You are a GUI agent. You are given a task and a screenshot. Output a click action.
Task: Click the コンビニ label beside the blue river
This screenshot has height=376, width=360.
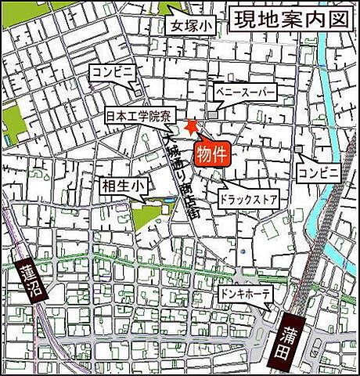coord(319,171)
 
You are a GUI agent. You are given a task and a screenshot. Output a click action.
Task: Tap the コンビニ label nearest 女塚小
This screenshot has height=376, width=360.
coord(113,70)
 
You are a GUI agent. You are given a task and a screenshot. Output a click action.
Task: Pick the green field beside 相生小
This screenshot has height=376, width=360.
coord(144,215)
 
